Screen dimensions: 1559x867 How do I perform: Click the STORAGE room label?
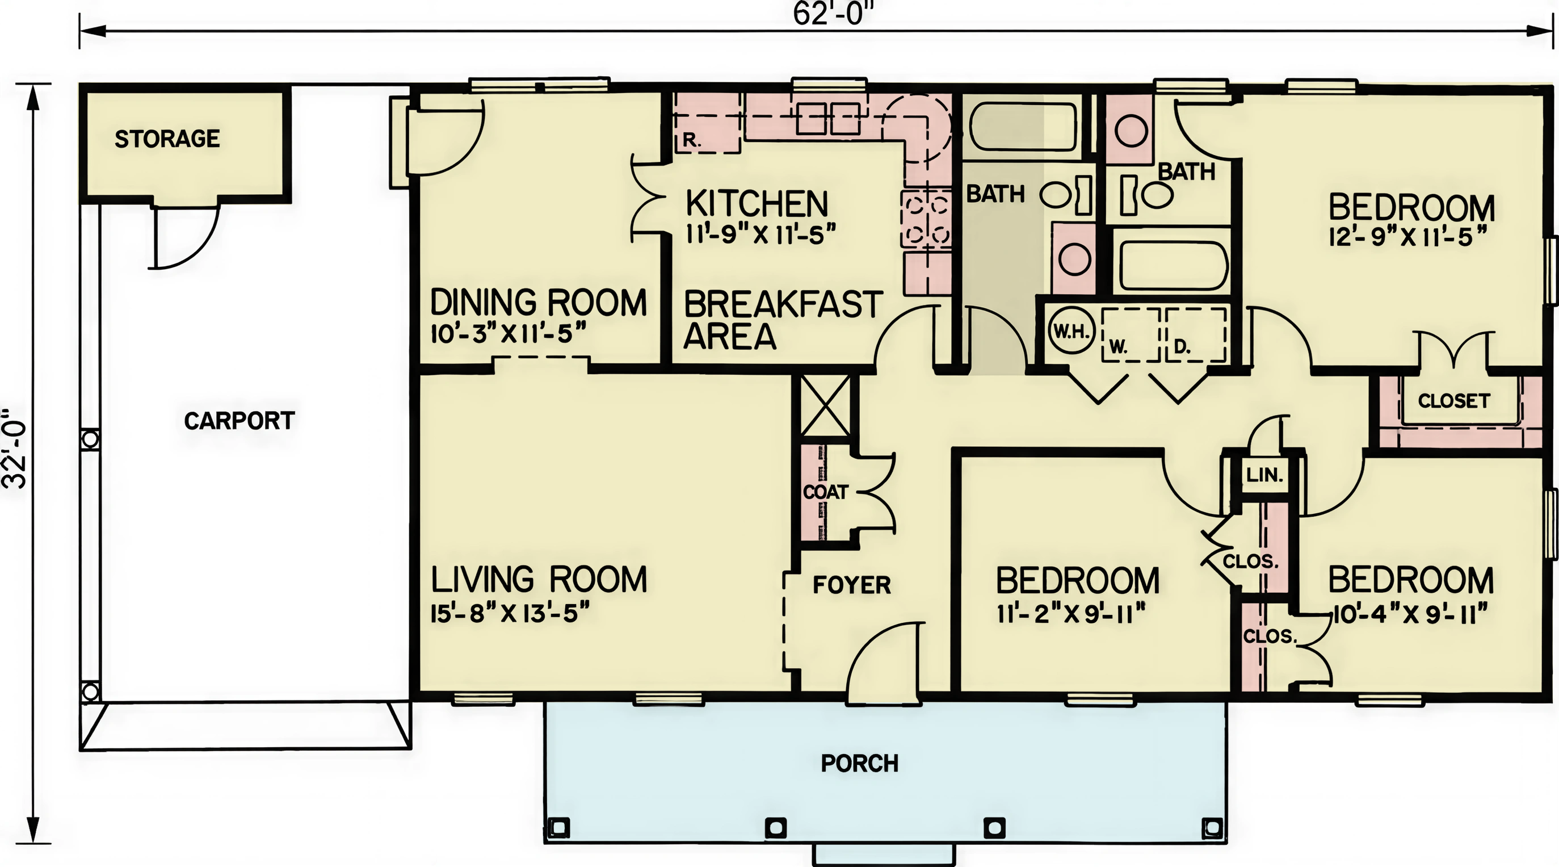coord(167,139)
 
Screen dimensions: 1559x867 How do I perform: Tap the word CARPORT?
coord(239,421)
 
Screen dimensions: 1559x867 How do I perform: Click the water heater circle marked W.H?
coord(1072,331)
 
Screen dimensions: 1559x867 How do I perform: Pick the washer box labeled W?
coord(1130,335)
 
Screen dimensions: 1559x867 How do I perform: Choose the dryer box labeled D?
coord(1196,335)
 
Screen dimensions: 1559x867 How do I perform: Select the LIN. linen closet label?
coord(1264,475)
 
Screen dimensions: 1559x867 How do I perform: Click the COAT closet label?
coord(826,492)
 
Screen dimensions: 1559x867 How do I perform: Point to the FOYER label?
coord(851,585)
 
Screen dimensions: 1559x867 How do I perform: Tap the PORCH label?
coord(859,764)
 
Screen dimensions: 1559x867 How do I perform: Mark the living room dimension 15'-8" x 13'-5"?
coord(510,614)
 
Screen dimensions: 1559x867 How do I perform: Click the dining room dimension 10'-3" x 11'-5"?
coord(509,334)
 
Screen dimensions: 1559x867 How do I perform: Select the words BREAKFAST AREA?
coord(783,320)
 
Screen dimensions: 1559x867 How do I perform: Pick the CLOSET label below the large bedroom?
coord(1453,401)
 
